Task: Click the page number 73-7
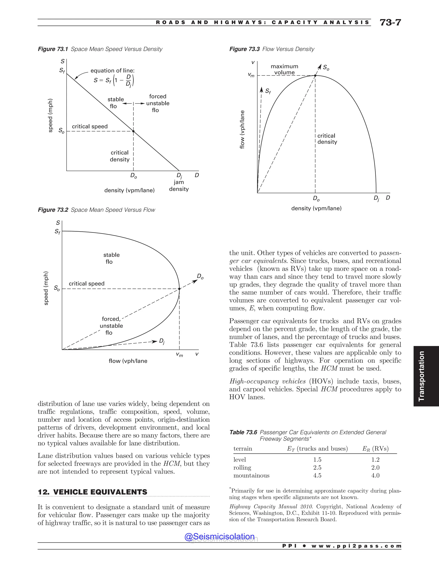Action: tap(390, 23)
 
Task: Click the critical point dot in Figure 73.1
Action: tap(133, 131)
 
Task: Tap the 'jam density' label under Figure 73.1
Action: tap(179, 186)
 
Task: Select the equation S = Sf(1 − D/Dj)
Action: tap(114, 80)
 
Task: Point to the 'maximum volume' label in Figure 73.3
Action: tap(284, 69)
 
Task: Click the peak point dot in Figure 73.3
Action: tap(315, 76)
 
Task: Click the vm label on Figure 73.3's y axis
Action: tap(251, 75)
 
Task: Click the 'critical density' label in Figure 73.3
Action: tap(327, 139)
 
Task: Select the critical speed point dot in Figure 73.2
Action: tap(179, 289)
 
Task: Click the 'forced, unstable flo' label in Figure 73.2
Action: tap(111, 326)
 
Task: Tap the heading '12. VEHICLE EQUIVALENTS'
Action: tap(93, 492)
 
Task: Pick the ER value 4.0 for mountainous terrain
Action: tap(375, 475)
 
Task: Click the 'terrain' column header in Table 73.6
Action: tap(243, 449)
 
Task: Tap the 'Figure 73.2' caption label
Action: tap(53, 210)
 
